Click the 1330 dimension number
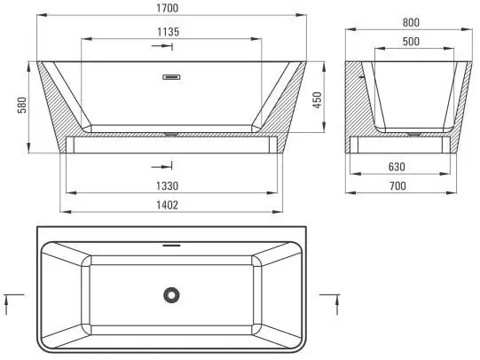click(x=171, y=186)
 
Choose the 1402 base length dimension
click(x=171, y=206)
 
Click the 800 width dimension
click(x=410, y=22)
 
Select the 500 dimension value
click(x=410, y=42)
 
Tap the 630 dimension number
click(x=410, y=166)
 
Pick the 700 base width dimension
click(x=410, y=185)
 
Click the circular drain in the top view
click(x=171, y=294)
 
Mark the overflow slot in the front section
click(x=171, y=76)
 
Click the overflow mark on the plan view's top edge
click(x=171, y=244)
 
